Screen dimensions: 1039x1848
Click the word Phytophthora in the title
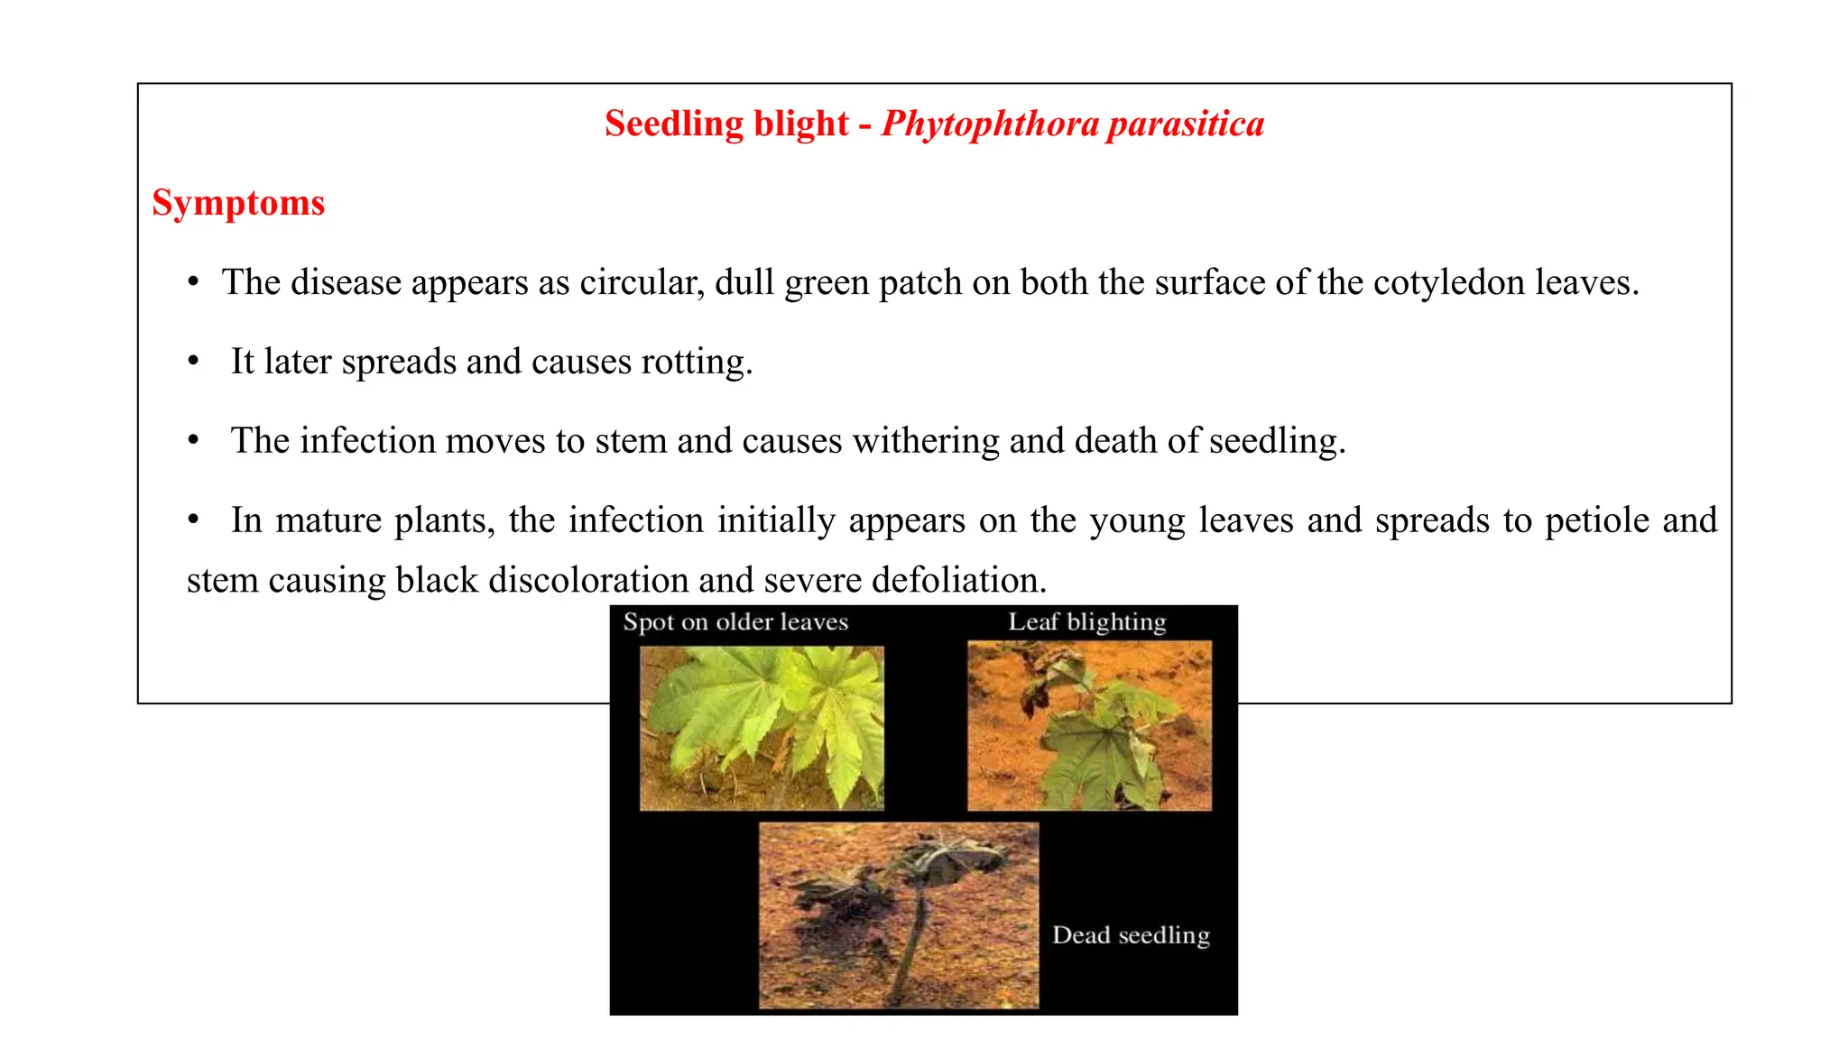tap(989, 124)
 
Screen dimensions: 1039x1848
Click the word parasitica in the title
tap(1186, 124)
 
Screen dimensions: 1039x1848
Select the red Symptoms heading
tap(238, 203)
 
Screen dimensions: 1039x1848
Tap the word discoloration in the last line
tap(587, 580)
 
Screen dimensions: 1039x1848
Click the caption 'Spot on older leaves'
tap(735, 622)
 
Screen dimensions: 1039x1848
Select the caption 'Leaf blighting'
tap(1087, 622)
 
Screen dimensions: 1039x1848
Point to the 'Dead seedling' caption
tap(1131, 935)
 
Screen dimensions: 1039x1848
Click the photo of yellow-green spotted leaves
tap(762, 728)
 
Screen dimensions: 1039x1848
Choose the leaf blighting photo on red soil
tap(1089, 725)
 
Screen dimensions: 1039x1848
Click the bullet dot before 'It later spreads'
tap(193, 362)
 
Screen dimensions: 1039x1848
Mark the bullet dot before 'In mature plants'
tap(193, 520)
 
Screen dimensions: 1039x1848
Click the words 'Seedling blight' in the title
tap(726, 124)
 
